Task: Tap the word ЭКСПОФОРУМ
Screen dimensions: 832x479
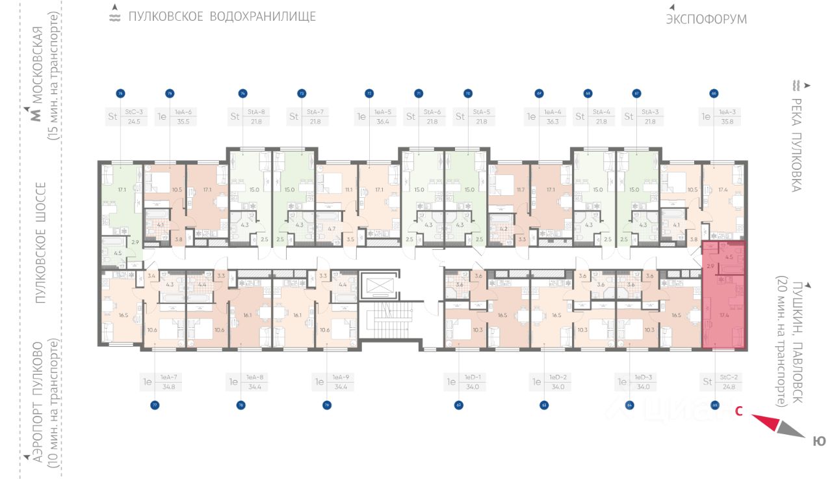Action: tap(706, 20)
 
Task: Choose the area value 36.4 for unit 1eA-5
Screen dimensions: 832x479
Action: tap(383, 121)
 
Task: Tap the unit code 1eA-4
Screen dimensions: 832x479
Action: tap(553, 112)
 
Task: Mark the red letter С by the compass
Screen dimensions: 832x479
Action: tap(739, 411)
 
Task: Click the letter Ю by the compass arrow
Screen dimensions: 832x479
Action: tap(819, 441)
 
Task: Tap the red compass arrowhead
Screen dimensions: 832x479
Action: tap(767, 422)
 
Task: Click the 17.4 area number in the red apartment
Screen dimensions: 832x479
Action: tap(723, 314)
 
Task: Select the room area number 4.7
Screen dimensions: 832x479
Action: tap(331, 228)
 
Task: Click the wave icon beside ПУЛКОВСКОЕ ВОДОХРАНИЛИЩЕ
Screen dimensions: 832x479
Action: tap(114, 17)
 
